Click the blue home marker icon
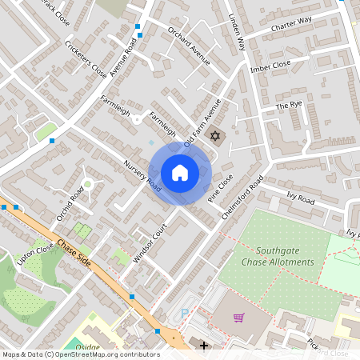179,173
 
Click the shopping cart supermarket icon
238,317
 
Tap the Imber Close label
271,66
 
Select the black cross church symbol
204,346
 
